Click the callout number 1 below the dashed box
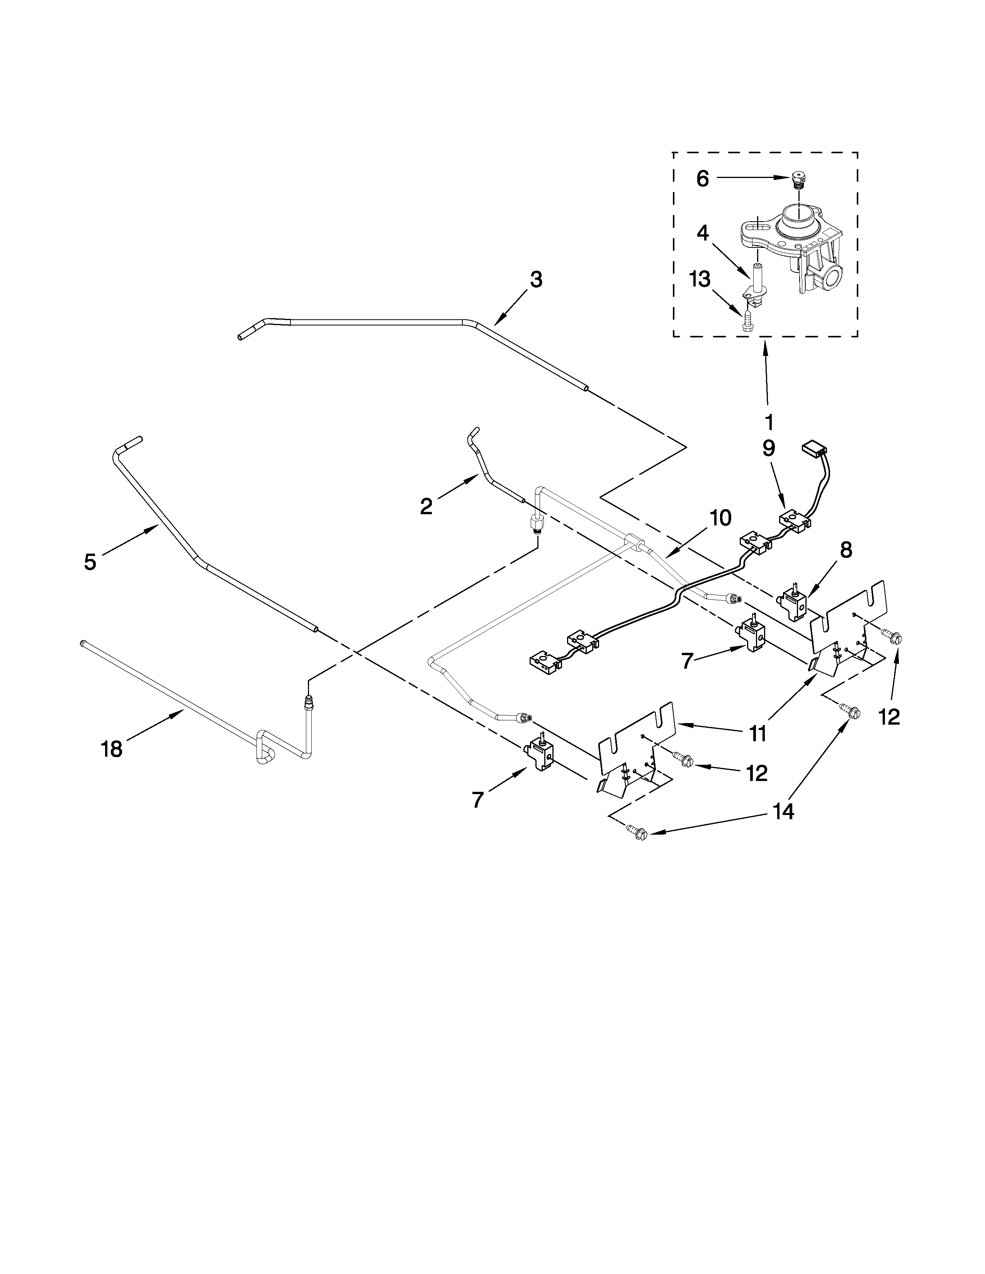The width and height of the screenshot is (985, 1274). pyautogui.click(x=769, y=421)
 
